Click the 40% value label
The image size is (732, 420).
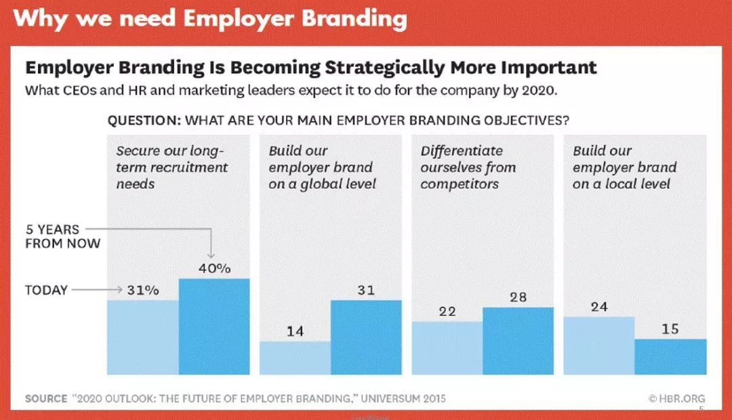point(215,268)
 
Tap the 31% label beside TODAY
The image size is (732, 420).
point(143,290)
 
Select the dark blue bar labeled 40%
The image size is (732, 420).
point(214,327)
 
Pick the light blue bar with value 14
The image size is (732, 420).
point(295,358)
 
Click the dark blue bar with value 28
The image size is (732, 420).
point(518,341)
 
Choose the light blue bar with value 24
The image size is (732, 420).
point(599,345)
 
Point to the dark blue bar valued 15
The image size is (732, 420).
point(670,356)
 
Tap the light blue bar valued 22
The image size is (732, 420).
point(447,348)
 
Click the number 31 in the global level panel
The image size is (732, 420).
point(366,290)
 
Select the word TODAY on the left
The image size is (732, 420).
point(46,290)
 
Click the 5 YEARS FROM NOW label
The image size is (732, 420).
point(62,236)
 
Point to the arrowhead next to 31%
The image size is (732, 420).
point(119,290)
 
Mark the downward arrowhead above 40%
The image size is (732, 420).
point(211,255)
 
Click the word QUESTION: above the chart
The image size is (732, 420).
point(144,121)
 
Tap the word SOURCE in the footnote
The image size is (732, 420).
point(46,398)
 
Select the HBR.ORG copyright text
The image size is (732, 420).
point(676,398)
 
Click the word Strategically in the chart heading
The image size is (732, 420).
point(385,68)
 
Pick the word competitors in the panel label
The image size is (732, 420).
point(460,184)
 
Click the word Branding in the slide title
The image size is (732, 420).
point(354,19)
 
